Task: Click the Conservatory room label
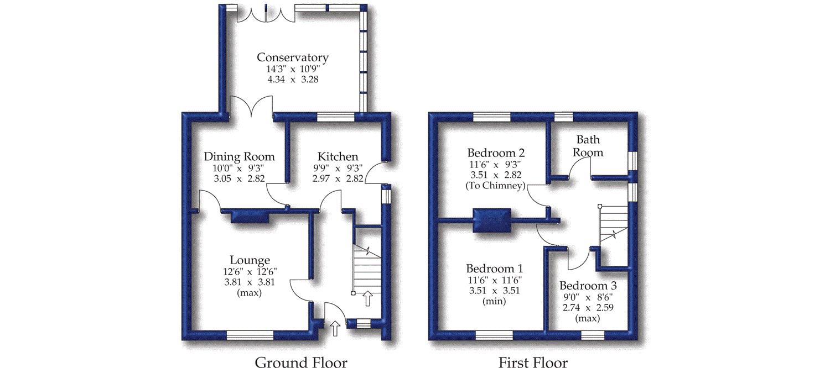pos(293,57)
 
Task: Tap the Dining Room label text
pos(239,157)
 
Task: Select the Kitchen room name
pos(338,157)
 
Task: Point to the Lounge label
pos(250,260)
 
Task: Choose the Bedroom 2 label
pos(496,153)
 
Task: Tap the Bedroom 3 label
pos(588,286)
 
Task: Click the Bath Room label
pos(588,146)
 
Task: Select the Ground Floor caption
pos(301,362)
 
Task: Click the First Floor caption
pos(533,362)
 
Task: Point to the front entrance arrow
pos(334,329)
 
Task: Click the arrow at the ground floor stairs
pos(367,299)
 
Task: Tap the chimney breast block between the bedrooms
pos(491,220)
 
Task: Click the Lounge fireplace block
pos(250,216)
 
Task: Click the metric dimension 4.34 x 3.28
pos(293,80)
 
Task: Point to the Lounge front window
pos(250,335)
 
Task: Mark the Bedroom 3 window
pos(593,335)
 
